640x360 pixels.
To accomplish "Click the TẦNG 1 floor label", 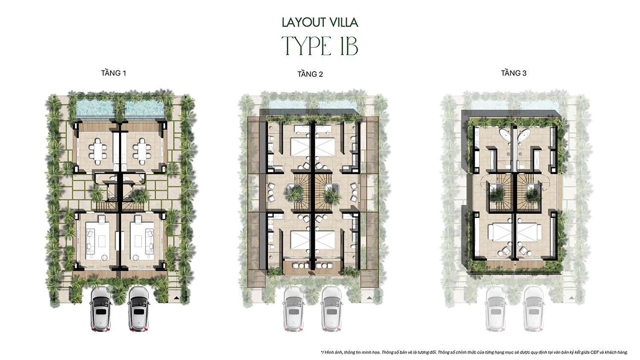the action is click(x=113, y=73).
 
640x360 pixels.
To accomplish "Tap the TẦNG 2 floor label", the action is click(x=310, y=74).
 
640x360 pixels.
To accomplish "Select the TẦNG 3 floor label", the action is click(x=513, y=73).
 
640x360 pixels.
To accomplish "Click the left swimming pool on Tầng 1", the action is click(x=95, y=109).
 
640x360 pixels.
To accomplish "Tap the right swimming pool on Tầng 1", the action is click(x=145, y=109).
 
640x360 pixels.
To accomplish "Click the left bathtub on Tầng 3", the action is click(x=506, y=134).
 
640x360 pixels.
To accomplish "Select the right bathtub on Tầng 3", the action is click(x=524, y=134).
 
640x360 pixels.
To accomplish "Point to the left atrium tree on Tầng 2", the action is click(x=294, y=193).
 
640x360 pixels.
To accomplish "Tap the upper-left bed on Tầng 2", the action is click(x=300, y=147).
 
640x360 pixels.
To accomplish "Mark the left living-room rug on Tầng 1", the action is click(x=98, y=240).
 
